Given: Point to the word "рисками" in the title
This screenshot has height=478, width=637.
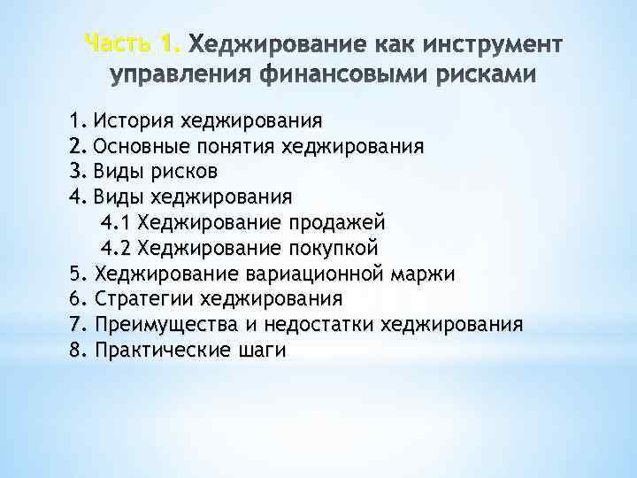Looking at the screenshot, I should point(485,75).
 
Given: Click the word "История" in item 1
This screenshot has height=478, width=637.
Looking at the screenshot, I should point(133,119).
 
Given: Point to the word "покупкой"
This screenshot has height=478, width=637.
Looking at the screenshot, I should point(329,247).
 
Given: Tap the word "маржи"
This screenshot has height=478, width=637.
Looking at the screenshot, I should point(424,273).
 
